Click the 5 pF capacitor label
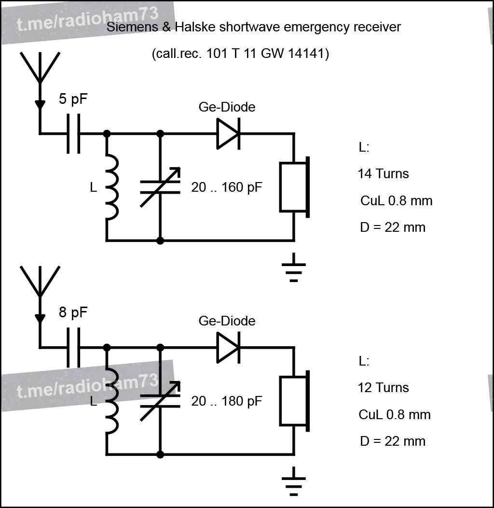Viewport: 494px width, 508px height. (x=73, y=99)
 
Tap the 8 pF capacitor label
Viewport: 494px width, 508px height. (x=73, y=312)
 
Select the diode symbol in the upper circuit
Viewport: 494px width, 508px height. (x=228, y=133)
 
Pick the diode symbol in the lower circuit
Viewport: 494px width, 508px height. (x=228, y=348)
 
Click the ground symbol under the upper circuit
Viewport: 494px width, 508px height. (x=294, y=268)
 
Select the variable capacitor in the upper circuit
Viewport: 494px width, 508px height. (x=160, y=187)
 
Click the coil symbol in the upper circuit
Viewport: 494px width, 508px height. (x=112, y=187)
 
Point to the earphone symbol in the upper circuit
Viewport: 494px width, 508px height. (x=295, y=187)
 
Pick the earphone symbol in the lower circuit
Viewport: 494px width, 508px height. (x=295, y=401)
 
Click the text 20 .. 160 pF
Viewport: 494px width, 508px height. (x=226, y=187)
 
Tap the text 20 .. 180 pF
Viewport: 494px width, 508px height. (x=226, y=401)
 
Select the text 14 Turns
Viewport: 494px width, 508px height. (x=384, y=174)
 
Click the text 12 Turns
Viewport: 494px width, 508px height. (x=384, y=387)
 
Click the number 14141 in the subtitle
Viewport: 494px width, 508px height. (x=306, y=53)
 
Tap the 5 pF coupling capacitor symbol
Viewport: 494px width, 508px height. (x=73, y=133)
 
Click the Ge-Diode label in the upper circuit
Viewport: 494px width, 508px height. (x=227, y=107)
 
